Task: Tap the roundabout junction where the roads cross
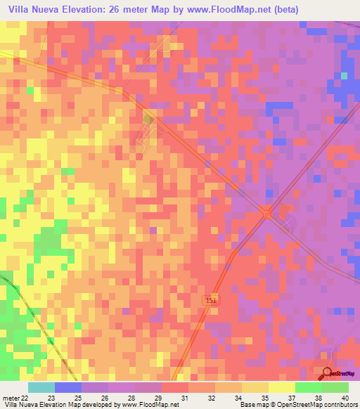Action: click(267, 212)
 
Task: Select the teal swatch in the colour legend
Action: click(41, 387)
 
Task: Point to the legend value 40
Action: click(344, 398)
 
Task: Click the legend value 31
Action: click(186, 398)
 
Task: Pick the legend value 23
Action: click(51, 398)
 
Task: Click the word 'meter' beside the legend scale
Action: click(13, 398)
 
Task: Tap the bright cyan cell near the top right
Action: click(344, 75)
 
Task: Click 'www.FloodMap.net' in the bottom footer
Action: click(149, 405)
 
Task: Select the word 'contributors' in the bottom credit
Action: click(339, 405)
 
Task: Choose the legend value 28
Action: click(131, 398)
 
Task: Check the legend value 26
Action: click(105, 398)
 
